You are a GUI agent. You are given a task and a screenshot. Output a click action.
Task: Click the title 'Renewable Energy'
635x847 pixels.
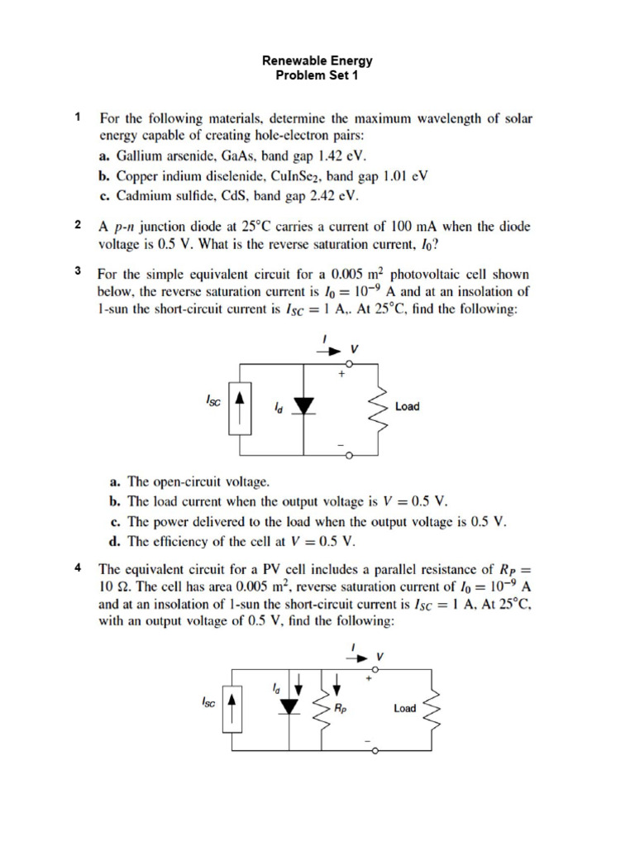(317, 60)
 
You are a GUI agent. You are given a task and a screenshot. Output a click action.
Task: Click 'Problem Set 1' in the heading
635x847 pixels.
(317, 74)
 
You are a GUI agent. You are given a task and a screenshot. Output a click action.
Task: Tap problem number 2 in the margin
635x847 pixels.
(77, 225)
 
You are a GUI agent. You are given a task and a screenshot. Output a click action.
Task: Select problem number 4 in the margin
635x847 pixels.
(77, 568)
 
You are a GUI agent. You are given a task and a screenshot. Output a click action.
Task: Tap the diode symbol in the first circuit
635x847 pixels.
(304, 405)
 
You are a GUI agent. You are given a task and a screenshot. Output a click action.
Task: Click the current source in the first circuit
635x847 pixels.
(240, 408)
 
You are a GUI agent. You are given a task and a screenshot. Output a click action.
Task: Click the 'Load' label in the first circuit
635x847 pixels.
(408, 406)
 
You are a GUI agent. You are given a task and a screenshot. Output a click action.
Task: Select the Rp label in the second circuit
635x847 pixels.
(341, 708)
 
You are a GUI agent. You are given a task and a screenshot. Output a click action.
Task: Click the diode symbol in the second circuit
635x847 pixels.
(288, 706)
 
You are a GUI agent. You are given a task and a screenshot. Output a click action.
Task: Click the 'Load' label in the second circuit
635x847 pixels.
(405, 708)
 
